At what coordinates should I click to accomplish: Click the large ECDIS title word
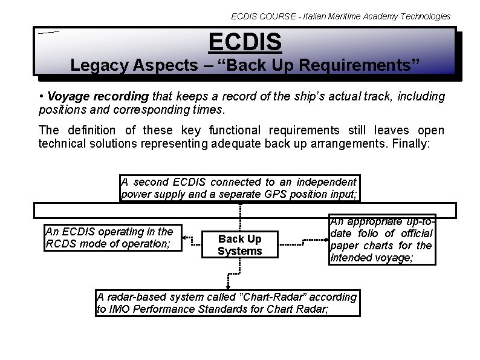click(x=245, y=42)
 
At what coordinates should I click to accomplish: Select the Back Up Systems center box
click(x=240, y=244)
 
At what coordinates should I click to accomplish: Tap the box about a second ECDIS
click(x=239, y=188)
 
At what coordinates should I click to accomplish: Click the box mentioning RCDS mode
click(x=113, y=237)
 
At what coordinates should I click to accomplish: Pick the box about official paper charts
click(x=381, y=240)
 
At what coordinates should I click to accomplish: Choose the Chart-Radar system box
click(x=227, y=303)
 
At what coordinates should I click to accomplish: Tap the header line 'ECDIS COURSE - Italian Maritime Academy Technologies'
click(x=340, y=16)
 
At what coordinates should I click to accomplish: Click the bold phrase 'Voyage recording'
click(x=98, y=96)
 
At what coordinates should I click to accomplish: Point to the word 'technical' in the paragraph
click(x=63, y=143)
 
